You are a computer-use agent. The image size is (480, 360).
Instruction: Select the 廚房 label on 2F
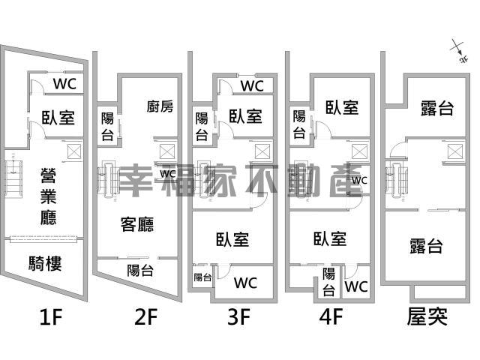[160, 106]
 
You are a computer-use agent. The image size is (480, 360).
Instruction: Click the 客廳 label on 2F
[136, 223]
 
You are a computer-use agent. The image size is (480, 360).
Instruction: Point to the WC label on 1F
[63, 82]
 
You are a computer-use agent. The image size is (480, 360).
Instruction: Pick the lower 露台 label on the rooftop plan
[425, 246]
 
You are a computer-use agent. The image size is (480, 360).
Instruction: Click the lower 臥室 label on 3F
[232, 240]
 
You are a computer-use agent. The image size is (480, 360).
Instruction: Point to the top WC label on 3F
[252, 86]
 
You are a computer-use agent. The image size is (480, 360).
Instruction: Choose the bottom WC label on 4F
[356, 286]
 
